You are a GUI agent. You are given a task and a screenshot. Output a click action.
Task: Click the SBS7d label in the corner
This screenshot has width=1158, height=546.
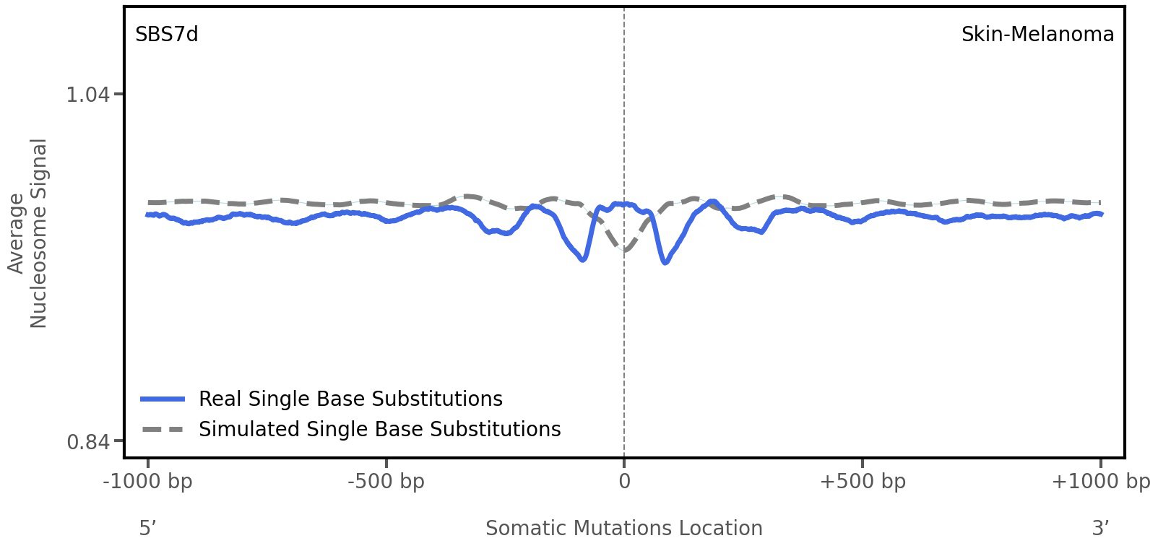166,35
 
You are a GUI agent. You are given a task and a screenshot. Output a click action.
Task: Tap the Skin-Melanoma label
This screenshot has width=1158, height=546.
1037,35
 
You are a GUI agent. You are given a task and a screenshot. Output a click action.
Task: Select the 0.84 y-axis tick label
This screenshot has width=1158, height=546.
87,441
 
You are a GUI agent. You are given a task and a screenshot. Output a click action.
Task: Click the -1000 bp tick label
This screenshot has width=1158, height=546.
148,482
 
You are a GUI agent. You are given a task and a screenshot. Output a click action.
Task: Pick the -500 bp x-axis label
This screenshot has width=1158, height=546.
386,482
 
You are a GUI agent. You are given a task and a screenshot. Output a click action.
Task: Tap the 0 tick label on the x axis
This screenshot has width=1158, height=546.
624,482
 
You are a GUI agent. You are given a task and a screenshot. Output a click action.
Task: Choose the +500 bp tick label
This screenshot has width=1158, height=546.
863,482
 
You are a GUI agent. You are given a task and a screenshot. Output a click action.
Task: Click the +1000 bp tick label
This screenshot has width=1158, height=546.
1100,482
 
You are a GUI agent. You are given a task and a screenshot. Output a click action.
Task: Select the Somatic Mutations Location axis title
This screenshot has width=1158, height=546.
624,529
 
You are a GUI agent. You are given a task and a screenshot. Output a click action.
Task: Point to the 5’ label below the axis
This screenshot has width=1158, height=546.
148,529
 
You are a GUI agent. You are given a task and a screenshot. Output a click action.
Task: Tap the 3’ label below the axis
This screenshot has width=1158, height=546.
1100,529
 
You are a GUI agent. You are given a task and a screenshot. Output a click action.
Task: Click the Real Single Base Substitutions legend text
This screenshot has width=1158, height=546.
350,399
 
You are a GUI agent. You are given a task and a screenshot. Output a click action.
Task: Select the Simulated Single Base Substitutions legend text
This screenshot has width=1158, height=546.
379,430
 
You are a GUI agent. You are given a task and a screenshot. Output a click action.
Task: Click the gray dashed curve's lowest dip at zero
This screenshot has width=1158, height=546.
625,251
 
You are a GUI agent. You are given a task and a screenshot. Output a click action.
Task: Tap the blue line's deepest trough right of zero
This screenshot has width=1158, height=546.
665,262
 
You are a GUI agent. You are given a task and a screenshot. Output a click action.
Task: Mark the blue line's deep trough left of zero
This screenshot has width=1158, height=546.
582,259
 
